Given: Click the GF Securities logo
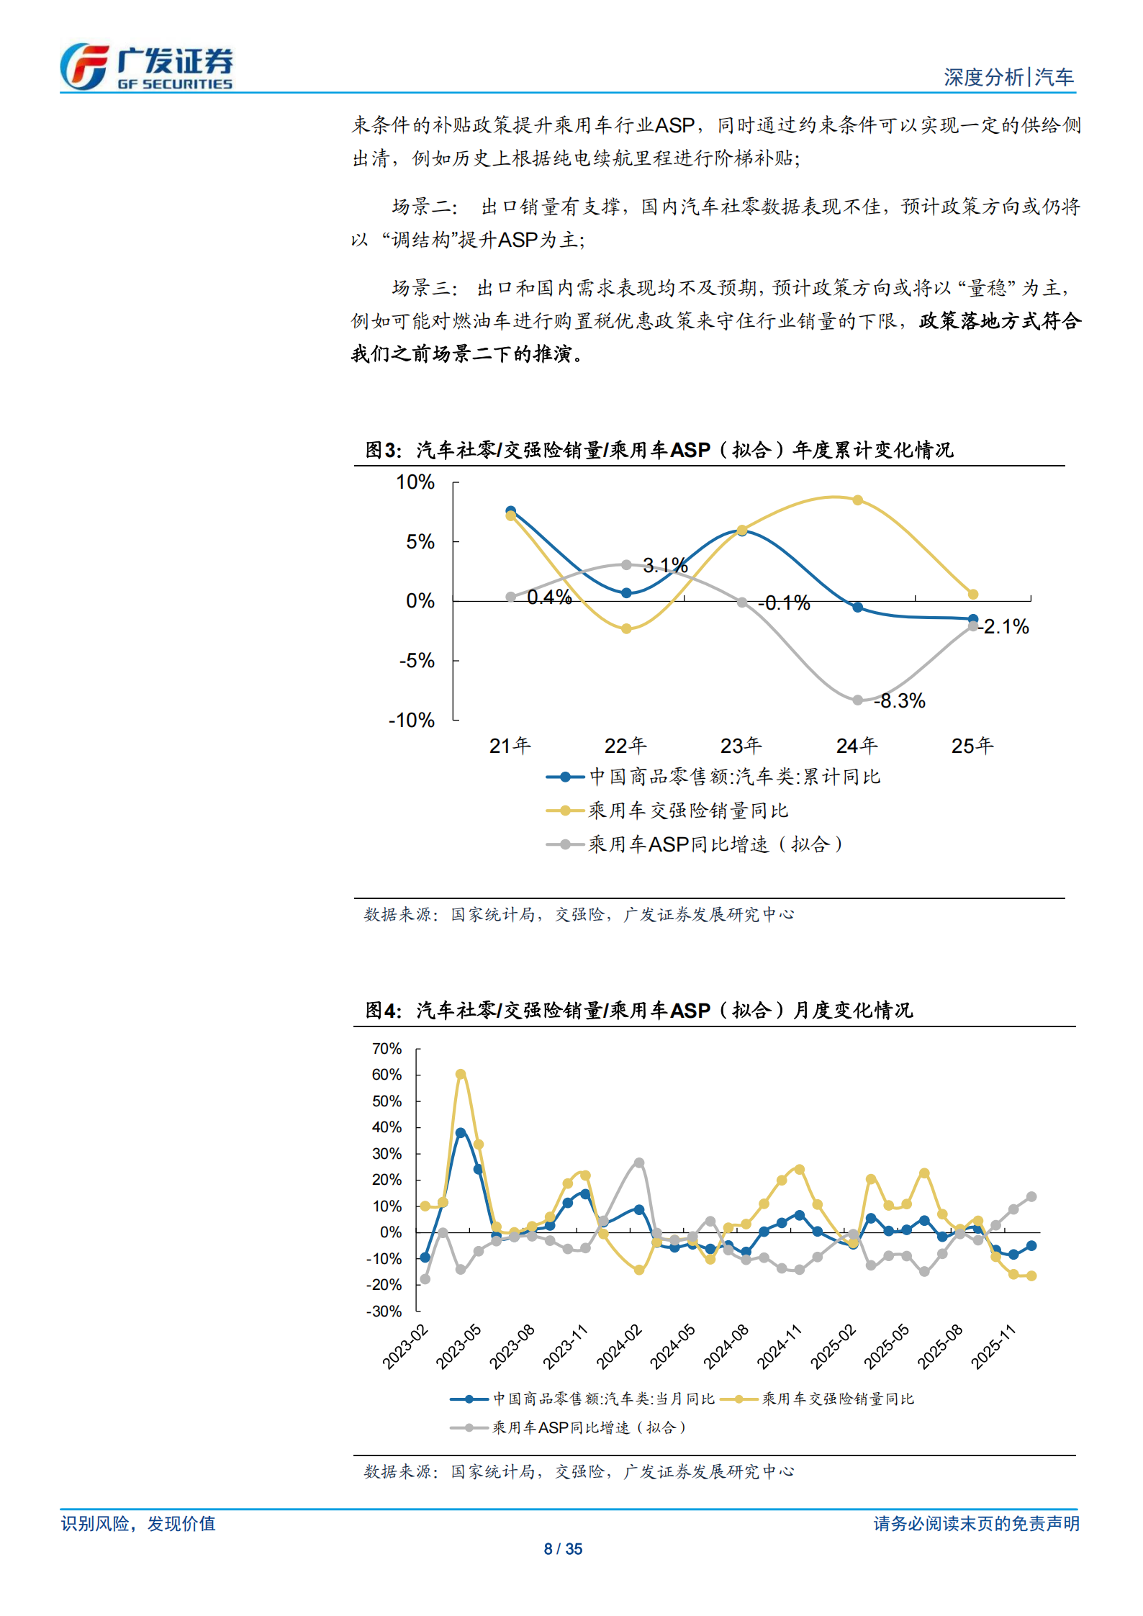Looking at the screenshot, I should pos(146,66).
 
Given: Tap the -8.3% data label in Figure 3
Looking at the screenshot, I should pos(900,700).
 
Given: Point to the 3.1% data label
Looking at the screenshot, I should pos(665,565).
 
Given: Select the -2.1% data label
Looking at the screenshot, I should pos(1005,626).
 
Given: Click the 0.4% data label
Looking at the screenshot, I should pos(549,597).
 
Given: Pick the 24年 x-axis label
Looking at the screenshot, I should pos(857,745).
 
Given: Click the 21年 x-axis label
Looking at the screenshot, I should pos(510,745).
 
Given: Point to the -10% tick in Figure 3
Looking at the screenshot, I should pos(412,720).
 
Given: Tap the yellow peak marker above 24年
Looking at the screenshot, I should pos(857,500).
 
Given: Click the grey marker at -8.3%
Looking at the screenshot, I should pos(857,700).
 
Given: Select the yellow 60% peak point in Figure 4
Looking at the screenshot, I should pos(461,1074).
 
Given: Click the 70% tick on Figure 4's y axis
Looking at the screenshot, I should pos(387,1049).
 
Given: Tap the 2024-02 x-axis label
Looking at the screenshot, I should pos(620,1345).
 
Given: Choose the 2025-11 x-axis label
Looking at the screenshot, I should pos(994,1345).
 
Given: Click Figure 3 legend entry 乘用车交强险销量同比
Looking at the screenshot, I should pos(687,811).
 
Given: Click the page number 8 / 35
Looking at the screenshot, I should pos(563,1548).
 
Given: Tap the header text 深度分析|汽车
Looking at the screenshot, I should pos(1008,77).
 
